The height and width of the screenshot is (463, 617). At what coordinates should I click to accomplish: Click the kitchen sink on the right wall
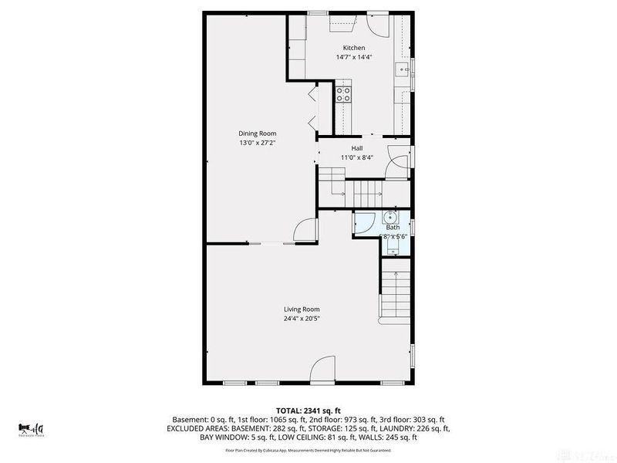click(403, 70)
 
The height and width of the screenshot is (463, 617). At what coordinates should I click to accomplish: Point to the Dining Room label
click(258, 133)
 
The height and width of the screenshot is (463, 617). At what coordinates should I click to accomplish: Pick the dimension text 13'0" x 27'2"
click(258, 143)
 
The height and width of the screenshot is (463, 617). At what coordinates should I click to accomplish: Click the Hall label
click(356, 148)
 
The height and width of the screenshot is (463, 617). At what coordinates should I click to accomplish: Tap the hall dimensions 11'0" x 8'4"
click(356, 157)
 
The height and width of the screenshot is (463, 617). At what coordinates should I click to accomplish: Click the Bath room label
click(393, 228)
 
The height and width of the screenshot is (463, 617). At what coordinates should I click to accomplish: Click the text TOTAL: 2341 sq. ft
click(308, 410)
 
